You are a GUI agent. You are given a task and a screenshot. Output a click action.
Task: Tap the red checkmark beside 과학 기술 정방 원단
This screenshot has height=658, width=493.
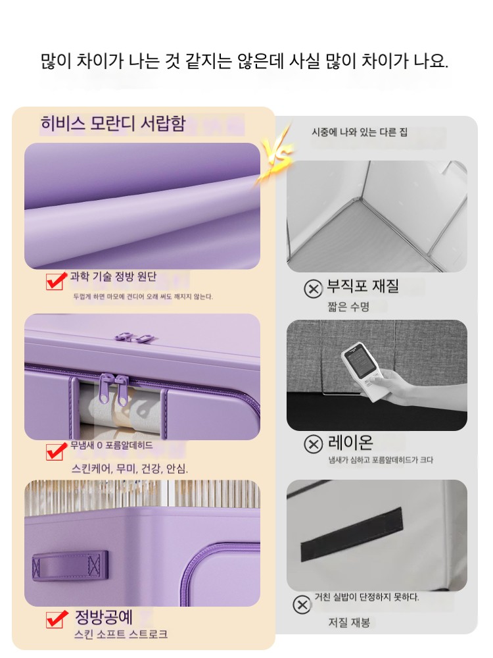click(x=56, y=281)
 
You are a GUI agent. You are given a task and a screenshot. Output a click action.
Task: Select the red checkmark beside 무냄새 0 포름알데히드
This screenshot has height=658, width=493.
click(x=56, y=451)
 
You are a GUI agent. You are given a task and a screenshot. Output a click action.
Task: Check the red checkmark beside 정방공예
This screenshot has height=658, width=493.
click(x=57, y=619)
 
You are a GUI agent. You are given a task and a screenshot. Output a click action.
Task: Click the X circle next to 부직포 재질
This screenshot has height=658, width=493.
click(x=313, y=289)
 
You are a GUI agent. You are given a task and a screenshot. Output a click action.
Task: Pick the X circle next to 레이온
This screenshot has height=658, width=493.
click(x=313, y=444)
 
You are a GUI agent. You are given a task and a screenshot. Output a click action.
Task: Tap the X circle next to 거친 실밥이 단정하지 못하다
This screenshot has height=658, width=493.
click(x=302, y=605)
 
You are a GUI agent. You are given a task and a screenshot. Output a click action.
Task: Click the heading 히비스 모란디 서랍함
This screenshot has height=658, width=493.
click(x=113, y=124)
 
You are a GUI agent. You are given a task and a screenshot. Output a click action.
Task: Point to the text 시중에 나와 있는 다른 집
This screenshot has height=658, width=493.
click(x=360, y=132)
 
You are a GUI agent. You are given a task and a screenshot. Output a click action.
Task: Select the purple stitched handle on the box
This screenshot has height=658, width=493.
click(x=70, y=566)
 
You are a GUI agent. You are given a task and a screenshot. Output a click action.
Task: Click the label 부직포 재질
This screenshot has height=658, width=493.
click(x=363, y=286)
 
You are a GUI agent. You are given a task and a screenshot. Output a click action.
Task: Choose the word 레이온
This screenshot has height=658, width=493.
click(x=350, y=442)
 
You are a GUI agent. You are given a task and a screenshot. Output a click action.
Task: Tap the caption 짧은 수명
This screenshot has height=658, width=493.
click(x=348, y=307)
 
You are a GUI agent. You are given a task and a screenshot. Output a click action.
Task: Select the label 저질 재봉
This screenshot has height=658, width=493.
click(x=349, y=622)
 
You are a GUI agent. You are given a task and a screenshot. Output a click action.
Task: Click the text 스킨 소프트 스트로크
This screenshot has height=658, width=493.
click(x=121, y=634)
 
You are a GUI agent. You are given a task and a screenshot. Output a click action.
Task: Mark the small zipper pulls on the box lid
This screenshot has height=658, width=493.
click(x=134, y=336)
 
